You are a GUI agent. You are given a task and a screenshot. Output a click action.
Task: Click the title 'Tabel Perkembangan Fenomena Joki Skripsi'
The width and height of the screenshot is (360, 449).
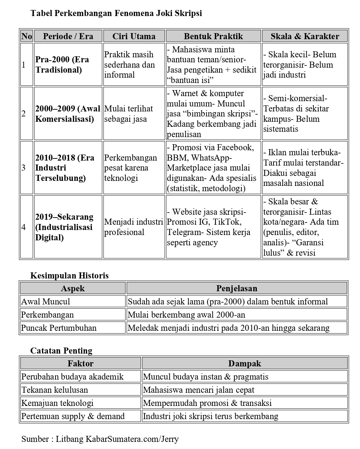pyautogui.click(x=116, y=14)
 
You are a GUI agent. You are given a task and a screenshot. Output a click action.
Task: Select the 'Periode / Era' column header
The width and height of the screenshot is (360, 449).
pyautogui.click(x=68, y=36)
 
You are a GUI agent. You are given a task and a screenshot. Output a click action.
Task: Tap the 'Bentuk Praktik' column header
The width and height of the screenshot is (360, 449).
pyautogui.click(x=213, y=36)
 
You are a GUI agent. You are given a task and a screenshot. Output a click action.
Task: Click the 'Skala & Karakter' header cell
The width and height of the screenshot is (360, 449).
pyautogui.click(x=305, y=36)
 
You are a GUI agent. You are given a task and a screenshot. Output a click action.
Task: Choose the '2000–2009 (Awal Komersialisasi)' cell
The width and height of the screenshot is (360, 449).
pyautogui.click(x=68, y=114)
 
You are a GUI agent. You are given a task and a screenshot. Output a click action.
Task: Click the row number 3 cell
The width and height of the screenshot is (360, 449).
pyautogui.click(x=24, y=168)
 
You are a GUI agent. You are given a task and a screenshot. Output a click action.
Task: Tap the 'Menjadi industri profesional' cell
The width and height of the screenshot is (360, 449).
pyautogui.click(x=133, y=227)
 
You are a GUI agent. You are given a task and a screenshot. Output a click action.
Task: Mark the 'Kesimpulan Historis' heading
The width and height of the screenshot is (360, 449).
pyautogui.click(x=69, y=276)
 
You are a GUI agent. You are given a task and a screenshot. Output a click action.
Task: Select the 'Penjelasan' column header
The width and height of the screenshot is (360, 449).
pyautogui.click(x=237, y=288)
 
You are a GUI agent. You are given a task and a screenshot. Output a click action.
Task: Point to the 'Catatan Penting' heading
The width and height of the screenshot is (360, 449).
pyautogui.click(x=61, y=351)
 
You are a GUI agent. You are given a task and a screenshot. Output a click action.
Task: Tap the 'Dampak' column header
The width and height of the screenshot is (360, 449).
pyautogui.click(x=244, y=363)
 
